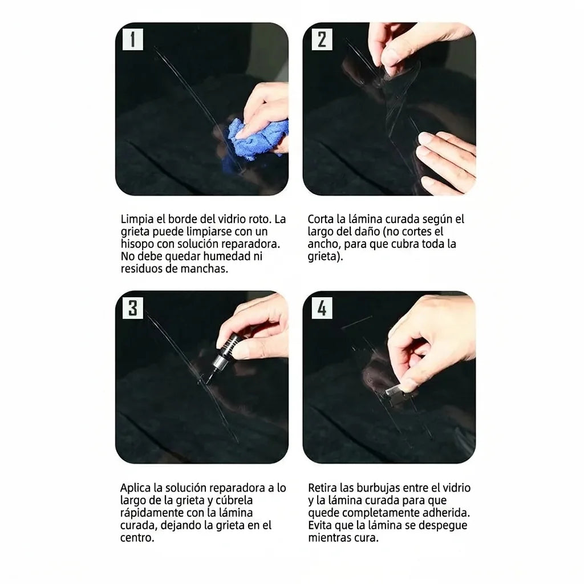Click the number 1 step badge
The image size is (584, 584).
132,39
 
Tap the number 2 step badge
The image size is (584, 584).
322,39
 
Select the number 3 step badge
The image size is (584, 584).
132,308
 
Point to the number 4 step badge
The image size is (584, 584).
322,308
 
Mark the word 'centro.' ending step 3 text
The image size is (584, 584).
137,538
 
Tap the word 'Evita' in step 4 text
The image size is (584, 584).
320,525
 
